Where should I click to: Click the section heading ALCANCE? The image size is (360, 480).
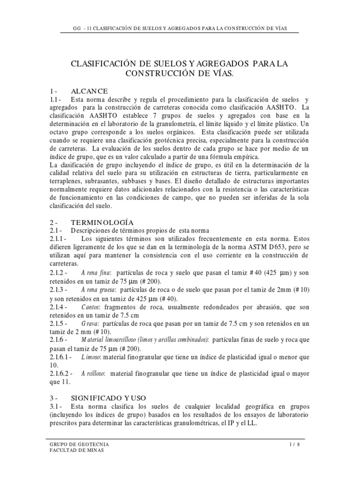(90, 91)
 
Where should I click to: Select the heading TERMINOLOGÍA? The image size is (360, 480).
(102, 222)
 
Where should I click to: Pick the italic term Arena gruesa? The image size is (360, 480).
(98, 291)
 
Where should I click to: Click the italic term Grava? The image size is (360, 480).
(90, 324)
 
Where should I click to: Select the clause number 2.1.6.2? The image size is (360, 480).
(61, 374)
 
